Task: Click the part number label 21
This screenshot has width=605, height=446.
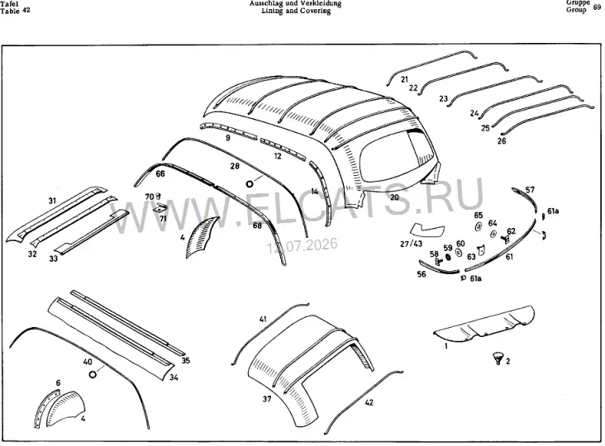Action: (404, 79)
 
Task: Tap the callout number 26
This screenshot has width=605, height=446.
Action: (502, 141)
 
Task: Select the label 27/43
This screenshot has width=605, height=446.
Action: (412, 244)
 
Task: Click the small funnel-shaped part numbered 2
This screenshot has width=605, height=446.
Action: (498, 358)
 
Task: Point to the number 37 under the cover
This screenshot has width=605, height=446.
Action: (267, 399)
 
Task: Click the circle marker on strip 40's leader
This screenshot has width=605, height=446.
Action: (93, 374)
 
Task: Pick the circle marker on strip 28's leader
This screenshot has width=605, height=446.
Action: (250, 184)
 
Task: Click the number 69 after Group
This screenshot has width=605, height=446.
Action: (597, 7)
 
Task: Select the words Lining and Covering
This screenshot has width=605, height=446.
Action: (296, 12)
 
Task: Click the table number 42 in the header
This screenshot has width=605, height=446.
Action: (26, 11)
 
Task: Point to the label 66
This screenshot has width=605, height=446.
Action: (160, 173)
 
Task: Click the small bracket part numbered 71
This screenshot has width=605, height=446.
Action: (159, 208)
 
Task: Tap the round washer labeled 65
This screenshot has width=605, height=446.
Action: (478, 226)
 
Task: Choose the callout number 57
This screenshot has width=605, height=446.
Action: (530, 190)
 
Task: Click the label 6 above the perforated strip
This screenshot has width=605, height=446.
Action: (58, 382)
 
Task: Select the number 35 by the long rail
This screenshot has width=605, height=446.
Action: (186, 361)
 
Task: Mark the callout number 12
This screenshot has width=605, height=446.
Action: (278, 156)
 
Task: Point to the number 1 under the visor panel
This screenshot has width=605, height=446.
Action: (446, 346)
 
